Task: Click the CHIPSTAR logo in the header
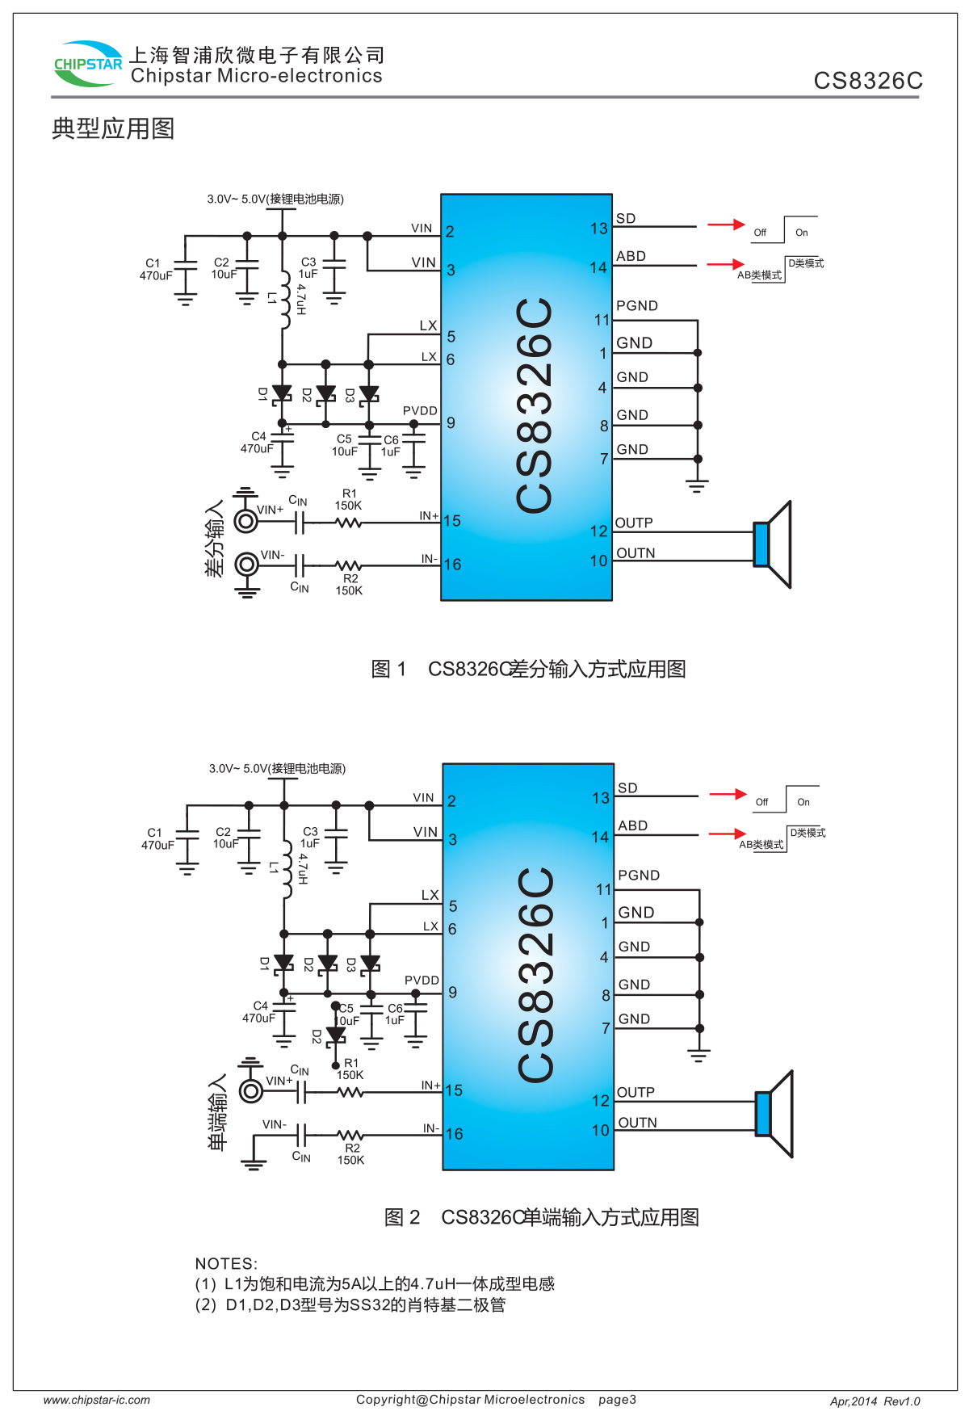(87, 64)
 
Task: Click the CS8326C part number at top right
(868, 81)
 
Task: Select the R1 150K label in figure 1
(349, 500)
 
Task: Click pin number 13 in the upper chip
(598, 229)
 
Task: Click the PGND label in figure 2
(639, 876)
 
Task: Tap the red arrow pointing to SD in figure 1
(726, 225)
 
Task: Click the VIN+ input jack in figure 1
(246, 521)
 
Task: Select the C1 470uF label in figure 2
(157, 839)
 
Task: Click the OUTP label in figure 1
(634, 523)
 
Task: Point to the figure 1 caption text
(528, 670)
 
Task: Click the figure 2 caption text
(541, 1218)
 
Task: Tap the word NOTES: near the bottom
(226, 1264)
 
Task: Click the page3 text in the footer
(617, 1400)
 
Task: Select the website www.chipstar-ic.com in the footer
(97, 1401)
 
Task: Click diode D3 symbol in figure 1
(369, 394)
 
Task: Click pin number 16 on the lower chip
(454, 1134)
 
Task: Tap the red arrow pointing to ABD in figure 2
(728, 834)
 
